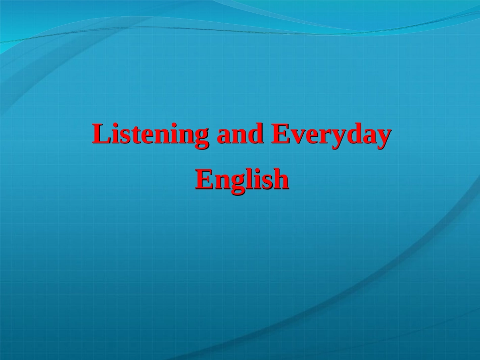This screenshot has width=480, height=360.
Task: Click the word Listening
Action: pos(150,135)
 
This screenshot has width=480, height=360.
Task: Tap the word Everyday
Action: pos(331,135)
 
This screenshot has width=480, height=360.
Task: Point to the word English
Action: pos(242,179)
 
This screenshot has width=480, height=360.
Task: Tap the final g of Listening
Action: pos(202,137)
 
